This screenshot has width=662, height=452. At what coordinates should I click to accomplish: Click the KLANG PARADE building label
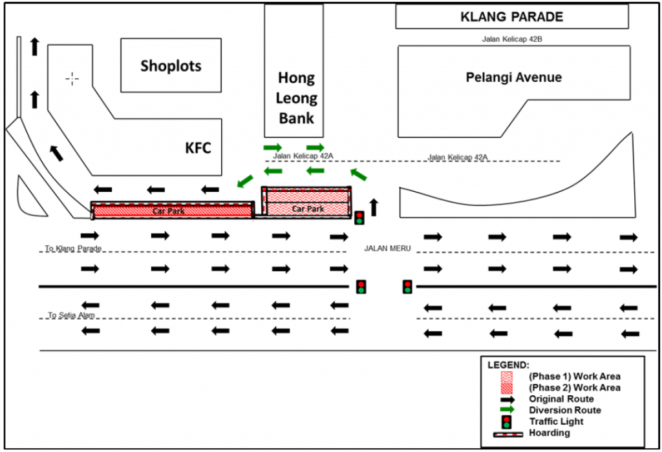point(512,17)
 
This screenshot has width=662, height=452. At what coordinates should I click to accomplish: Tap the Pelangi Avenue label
point(514,77)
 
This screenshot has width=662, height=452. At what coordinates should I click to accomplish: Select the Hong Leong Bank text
point(296,98)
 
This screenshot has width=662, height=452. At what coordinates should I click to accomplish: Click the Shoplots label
point(171,66)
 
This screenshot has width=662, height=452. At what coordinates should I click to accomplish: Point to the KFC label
point(198,149)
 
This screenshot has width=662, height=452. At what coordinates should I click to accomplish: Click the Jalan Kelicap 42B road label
point(511,39)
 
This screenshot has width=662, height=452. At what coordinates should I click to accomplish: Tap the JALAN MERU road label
point(387,248)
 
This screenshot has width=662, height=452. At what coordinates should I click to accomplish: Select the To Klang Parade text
point(73,248)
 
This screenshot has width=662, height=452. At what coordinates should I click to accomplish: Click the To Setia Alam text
point(73,315)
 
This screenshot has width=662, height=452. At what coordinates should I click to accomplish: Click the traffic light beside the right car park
point(359,218)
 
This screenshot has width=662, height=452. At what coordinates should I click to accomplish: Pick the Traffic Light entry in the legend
point(556,422)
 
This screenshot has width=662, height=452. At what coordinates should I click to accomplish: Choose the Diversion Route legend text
point(564,410)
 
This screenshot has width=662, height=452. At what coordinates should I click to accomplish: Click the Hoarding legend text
point(549,433)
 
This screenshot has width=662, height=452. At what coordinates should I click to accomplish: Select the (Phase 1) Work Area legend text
point(574,376)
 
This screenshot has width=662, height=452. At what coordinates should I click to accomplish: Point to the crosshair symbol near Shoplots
point(72,79)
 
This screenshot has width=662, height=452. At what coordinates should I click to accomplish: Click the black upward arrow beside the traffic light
point(373,207)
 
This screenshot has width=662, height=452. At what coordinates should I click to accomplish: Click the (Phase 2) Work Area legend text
point(574,387)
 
